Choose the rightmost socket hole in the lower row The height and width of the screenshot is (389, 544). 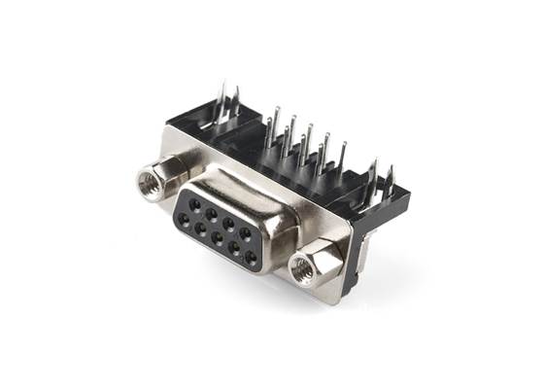coord(251,258)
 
